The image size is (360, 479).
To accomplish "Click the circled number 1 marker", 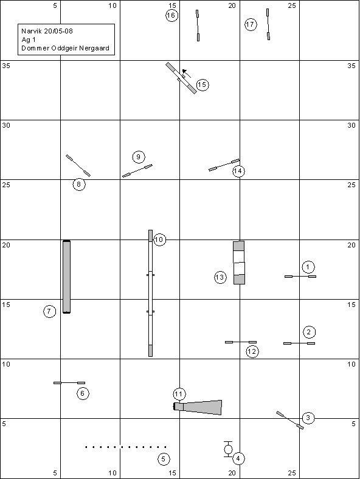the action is (x=308, y=267).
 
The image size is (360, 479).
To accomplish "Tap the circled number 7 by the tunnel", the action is (x=49, y=311).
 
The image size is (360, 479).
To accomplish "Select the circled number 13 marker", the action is (x=220, y=277).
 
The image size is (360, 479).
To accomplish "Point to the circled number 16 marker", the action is (x=171, y=15).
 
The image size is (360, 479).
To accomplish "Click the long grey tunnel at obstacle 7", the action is (x=67, y=277).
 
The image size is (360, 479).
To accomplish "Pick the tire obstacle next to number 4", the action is (x=228, y=449).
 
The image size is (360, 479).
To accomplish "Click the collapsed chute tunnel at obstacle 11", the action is (x=198, y=407).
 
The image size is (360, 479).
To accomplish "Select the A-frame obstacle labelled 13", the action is (x=239, y=263).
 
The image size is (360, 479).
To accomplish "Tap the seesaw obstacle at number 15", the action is (x=181, y=78).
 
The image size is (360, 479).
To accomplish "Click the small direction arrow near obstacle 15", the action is (x=187, y=74).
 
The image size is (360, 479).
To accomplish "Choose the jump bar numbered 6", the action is (x=69, y=383).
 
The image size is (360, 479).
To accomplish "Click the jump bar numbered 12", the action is (x=241, y=342).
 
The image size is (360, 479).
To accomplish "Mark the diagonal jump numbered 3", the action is (x=290, y=421).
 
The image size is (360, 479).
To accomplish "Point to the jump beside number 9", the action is (x=137, y=171).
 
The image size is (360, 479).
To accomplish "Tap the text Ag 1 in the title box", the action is (x=29, y=40).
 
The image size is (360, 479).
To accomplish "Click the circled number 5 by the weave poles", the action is (x=164, y=459).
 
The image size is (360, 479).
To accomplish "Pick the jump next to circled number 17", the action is (x=268, y=24).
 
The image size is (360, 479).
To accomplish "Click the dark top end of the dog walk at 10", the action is (x=150, y=235).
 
